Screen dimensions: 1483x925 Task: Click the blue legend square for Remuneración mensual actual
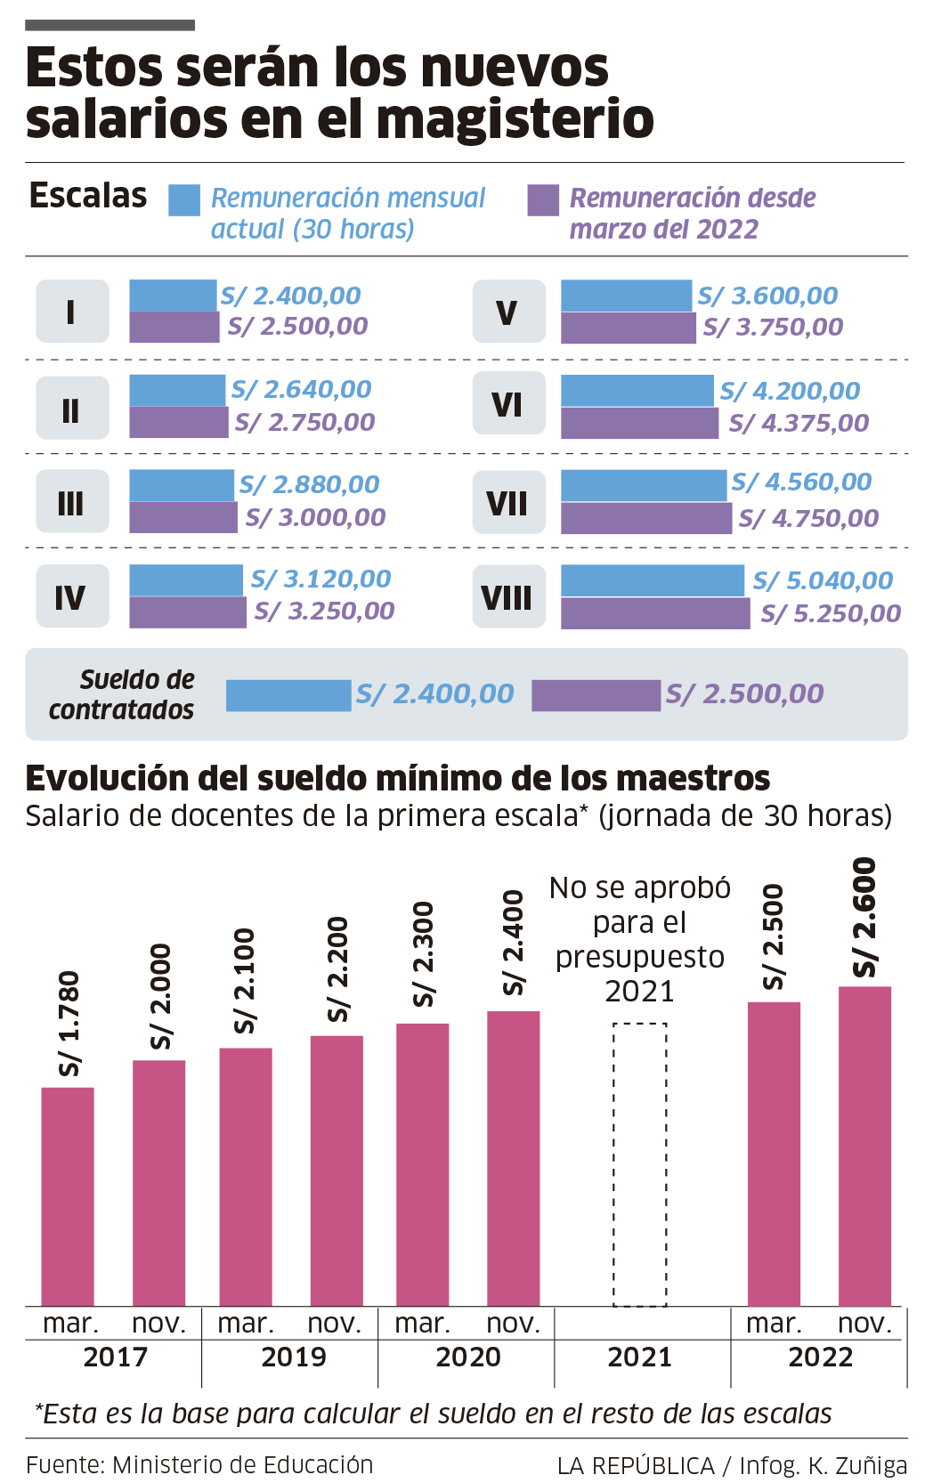[184, 200]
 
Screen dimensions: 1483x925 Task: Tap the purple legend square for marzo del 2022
[543, 200]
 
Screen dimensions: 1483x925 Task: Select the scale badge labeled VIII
[508, 596]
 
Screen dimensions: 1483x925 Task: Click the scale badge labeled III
[72, 502]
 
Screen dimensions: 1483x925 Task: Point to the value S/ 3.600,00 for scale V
[767, 296]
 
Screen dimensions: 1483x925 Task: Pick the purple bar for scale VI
[639, 423]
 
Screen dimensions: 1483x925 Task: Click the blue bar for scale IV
[186, 579]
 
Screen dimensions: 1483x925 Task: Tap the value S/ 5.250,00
[831, 613]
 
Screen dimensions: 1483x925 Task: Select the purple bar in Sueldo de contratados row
[596, 695]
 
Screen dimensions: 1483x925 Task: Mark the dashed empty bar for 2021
[639, 1163]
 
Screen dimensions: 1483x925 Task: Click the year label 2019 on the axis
[293, 1357]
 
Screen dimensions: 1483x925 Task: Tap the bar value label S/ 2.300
[424, 953]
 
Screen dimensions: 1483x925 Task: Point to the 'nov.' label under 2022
[864, 1324]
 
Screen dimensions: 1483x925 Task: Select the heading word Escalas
[88, 196]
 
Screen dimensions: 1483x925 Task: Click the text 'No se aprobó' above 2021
[639, 887]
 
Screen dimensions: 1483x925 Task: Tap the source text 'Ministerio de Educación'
[242, 1464]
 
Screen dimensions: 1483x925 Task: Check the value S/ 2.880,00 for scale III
[309, 484]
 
